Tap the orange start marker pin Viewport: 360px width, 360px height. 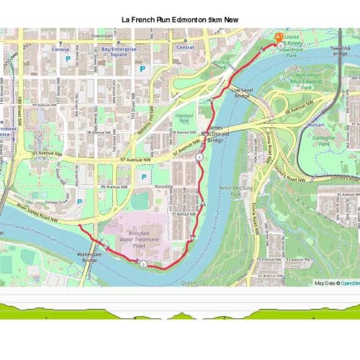point(279,37)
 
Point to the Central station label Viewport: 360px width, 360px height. point(185,48)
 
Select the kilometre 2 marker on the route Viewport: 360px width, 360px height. point(144,265)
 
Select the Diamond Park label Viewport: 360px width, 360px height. point(185,118)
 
